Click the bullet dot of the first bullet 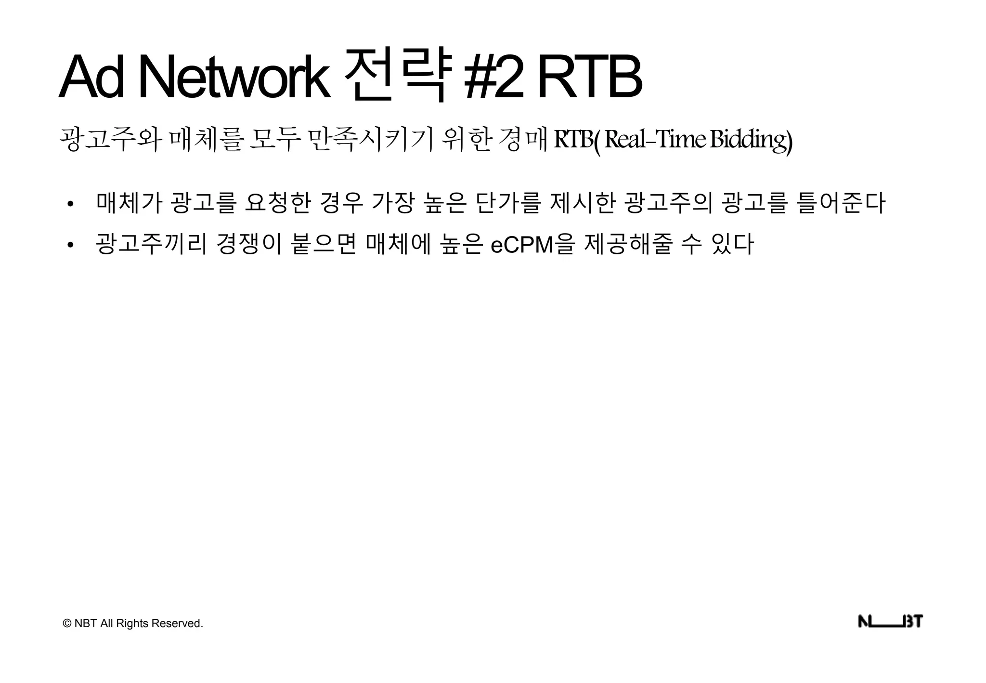pos(71,204)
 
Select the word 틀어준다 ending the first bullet pos(841,203)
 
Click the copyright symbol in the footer pos(67,624)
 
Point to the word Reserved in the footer pos(177,624)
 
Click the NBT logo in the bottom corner pos(890,622)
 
